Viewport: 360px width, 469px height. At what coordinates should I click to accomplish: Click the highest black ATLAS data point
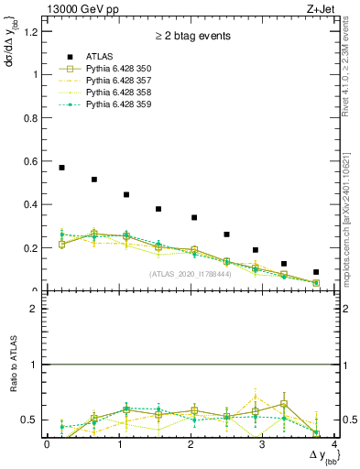(61, 168)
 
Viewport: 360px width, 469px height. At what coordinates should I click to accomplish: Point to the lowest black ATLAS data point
(316, 272)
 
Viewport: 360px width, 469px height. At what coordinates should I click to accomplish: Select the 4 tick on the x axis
(334, 444)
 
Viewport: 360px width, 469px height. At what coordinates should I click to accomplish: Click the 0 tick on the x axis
(47, 444)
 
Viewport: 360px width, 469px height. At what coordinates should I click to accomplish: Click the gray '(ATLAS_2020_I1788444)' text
(189, 274)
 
